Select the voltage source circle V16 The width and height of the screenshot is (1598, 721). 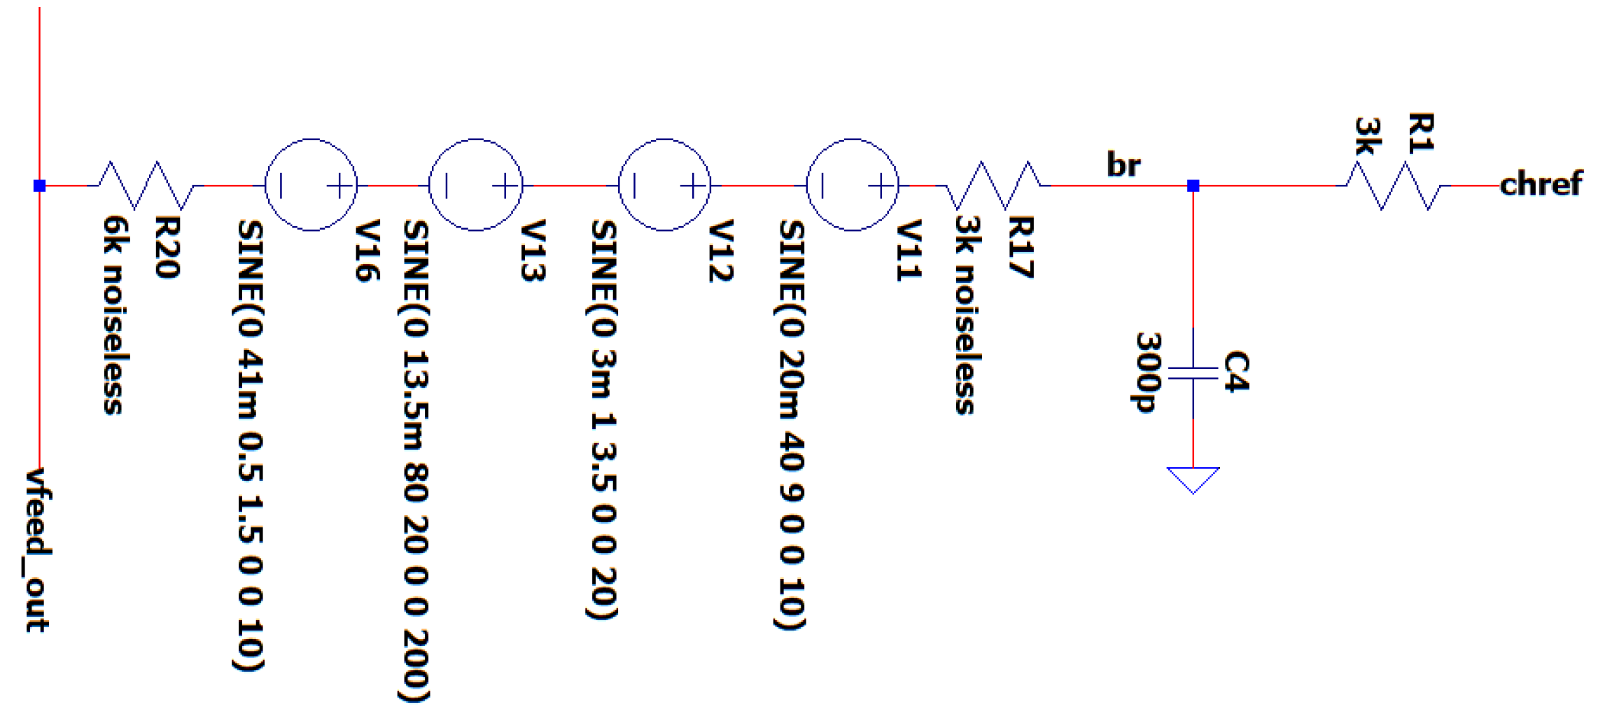point(311,185)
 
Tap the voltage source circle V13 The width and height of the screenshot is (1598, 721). point(475,185)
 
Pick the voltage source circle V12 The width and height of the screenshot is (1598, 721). point(664,185)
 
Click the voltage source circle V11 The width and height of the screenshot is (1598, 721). point(852,185)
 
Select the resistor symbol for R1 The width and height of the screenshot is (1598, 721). point(1393,185)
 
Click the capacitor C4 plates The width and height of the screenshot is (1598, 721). point(1193,373)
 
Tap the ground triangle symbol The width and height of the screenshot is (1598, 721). point(1193,479)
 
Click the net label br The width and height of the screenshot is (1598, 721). point(1123,164)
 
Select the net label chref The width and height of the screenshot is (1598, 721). point(1540,184)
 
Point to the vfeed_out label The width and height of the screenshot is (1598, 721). point(38,549)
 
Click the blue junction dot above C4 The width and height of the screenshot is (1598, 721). point(1193,185)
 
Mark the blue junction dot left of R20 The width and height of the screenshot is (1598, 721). point(39,185)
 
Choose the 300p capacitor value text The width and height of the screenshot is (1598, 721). point(1148,372)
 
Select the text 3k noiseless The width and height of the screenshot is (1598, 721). point(967,314)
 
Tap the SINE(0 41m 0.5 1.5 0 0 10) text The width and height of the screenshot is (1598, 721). point(250,445)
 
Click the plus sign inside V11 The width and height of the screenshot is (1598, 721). point(881,185)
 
